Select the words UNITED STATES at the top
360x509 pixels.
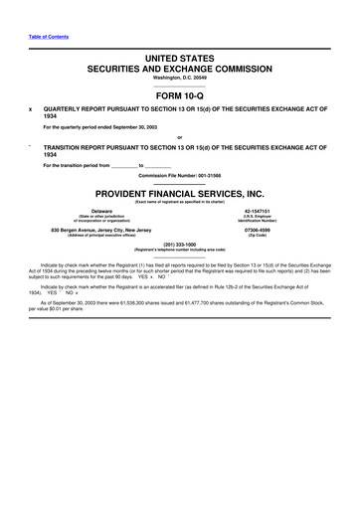[x=179, y=61]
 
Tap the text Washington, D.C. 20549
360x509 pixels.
[x=179, y=79]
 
